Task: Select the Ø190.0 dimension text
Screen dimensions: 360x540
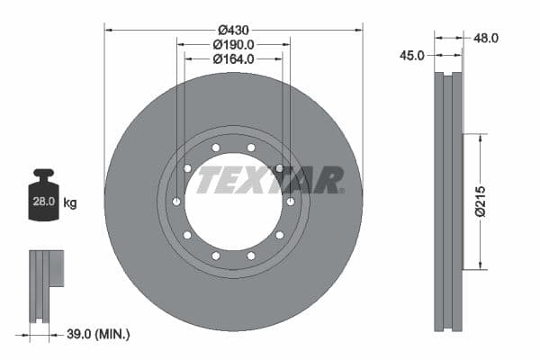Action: click(x=234, y=43)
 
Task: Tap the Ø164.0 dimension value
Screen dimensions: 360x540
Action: click(x=234, y=58)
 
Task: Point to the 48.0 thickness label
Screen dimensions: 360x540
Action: click(x=486, y=38)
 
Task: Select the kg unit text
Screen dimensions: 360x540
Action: click(x=70, y=203)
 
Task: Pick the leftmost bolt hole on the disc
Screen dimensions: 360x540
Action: click(x=176, y=202)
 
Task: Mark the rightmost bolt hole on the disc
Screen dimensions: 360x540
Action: click(x=290, y=202)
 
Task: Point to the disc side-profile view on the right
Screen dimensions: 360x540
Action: click(x=449, y=202)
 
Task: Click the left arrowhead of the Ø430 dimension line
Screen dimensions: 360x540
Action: click(x=110, y=30)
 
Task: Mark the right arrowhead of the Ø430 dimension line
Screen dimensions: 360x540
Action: click(x=358, y=30)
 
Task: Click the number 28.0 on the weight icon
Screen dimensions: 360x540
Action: click(x=43, y=203)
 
